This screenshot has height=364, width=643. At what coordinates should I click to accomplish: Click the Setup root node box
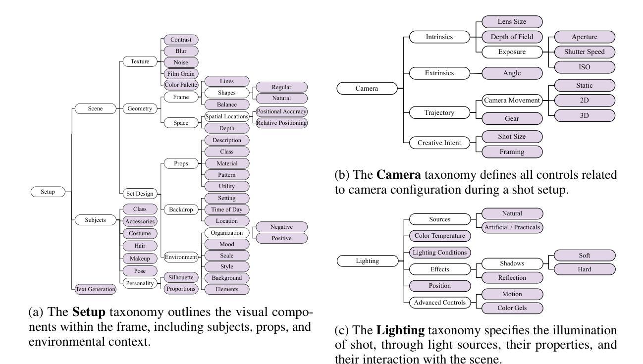pyautogui.click(x=48, y=192)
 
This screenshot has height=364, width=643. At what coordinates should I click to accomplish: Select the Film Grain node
pyautogui.click(x=180, y=74)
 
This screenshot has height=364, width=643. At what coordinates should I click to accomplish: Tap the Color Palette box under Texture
pyautogui.click(x=181, y=85)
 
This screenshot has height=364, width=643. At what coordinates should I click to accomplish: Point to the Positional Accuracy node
pyautogui.click(x=281, y=111)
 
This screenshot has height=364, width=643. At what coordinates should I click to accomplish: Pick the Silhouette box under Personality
pyautogui.click(x=180, y=277)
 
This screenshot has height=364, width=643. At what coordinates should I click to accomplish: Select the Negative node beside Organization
pyautogui.click(x=281, y=227)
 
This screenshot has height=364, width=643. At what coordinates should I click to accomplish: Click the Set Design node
pyautogui.click(x=140, y=193)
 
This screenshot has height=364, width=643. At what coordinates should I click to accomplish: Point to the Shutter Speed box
pyautogui.click(x=585, y=52)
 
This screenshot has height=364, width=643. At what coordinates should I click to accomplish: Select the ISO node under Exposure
pyautogui.click(x=585, y=66)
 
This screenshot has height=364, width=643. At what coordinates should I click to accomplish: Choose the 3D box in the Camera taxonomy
pyautogui.click(x=585, y=115)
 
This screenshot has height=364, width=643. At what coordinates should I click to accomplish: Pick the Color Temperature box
pyautogui.click(x=440, y=236)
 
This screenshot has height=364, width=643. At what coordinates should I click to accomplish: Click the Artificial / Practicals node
pyautogui.click(x=512, y=228)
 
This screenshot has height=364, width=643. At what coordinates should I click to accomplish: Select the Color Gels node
pyautogui.click(x=512, y=308)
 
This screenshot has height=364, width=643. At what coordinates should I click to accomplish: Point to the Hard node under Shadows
pyautogui.click(x=585, y=270)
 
